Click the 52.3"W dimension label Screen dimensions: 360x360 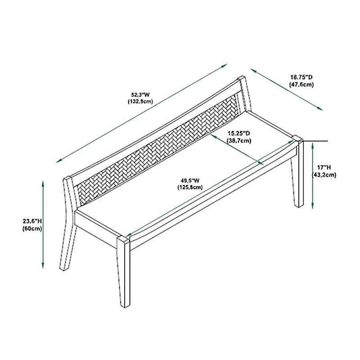140,94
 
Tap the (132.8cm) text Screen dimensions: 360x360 140,101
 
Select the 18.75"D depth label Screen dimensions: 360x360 301,77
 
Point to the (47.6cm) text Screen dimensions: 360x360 301,84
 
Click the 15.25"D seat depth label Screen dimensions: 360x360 238,134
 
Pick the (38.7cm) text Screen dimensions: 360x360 238,140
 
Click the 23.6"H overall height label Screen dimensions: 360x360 32,221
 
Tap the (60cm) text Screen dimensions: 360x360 32,228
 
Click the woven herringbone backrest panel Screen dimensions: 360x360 157,148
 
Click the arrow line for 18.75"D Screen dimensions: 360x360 287,89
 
